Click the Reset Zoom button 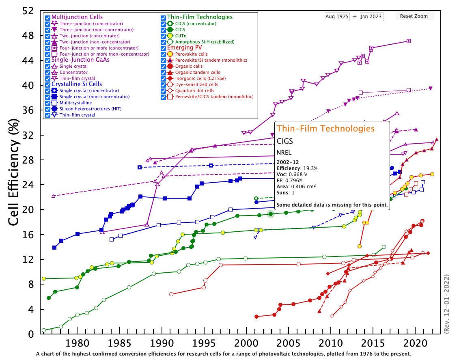(414, 16)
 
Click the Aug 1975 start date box (336, 17)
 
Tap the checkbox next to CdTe (163, 36)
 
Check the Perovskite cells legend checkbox (163, 54)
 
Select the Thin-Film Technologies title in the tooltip (325, 129)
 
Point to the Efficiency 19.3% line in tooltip (297, 168)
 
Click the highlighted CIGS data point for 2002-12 (271, 214)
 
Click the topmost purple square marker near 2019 (409, 41)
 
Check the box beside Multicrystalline (48, 103)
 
